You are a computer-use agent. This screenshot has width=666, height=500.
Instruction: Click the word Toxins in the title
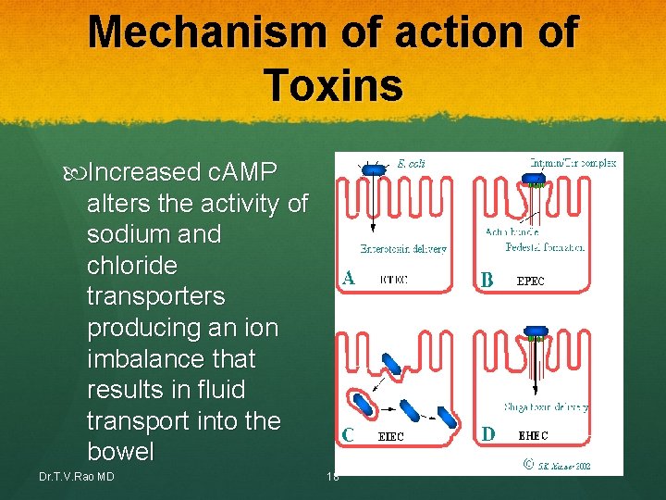tap(333, 85)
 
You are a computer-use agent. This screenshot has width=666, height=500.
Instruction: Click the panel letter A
tap(348, 277)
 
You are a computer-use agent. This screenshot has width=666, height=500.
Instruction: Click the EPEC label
tap(530, 279)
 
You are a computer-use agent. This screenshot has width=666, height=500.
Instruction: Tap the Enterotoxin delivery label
tap(404, 248)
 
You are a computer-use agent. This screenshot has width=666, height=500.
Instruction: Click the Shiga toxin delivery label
tap(546, 406)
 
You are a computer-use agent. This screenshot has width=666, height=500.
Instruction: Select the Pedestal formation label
tap(546, 247)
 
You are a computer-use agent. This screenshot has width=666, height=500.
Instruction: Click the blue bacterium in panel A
tap(373, 169)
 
